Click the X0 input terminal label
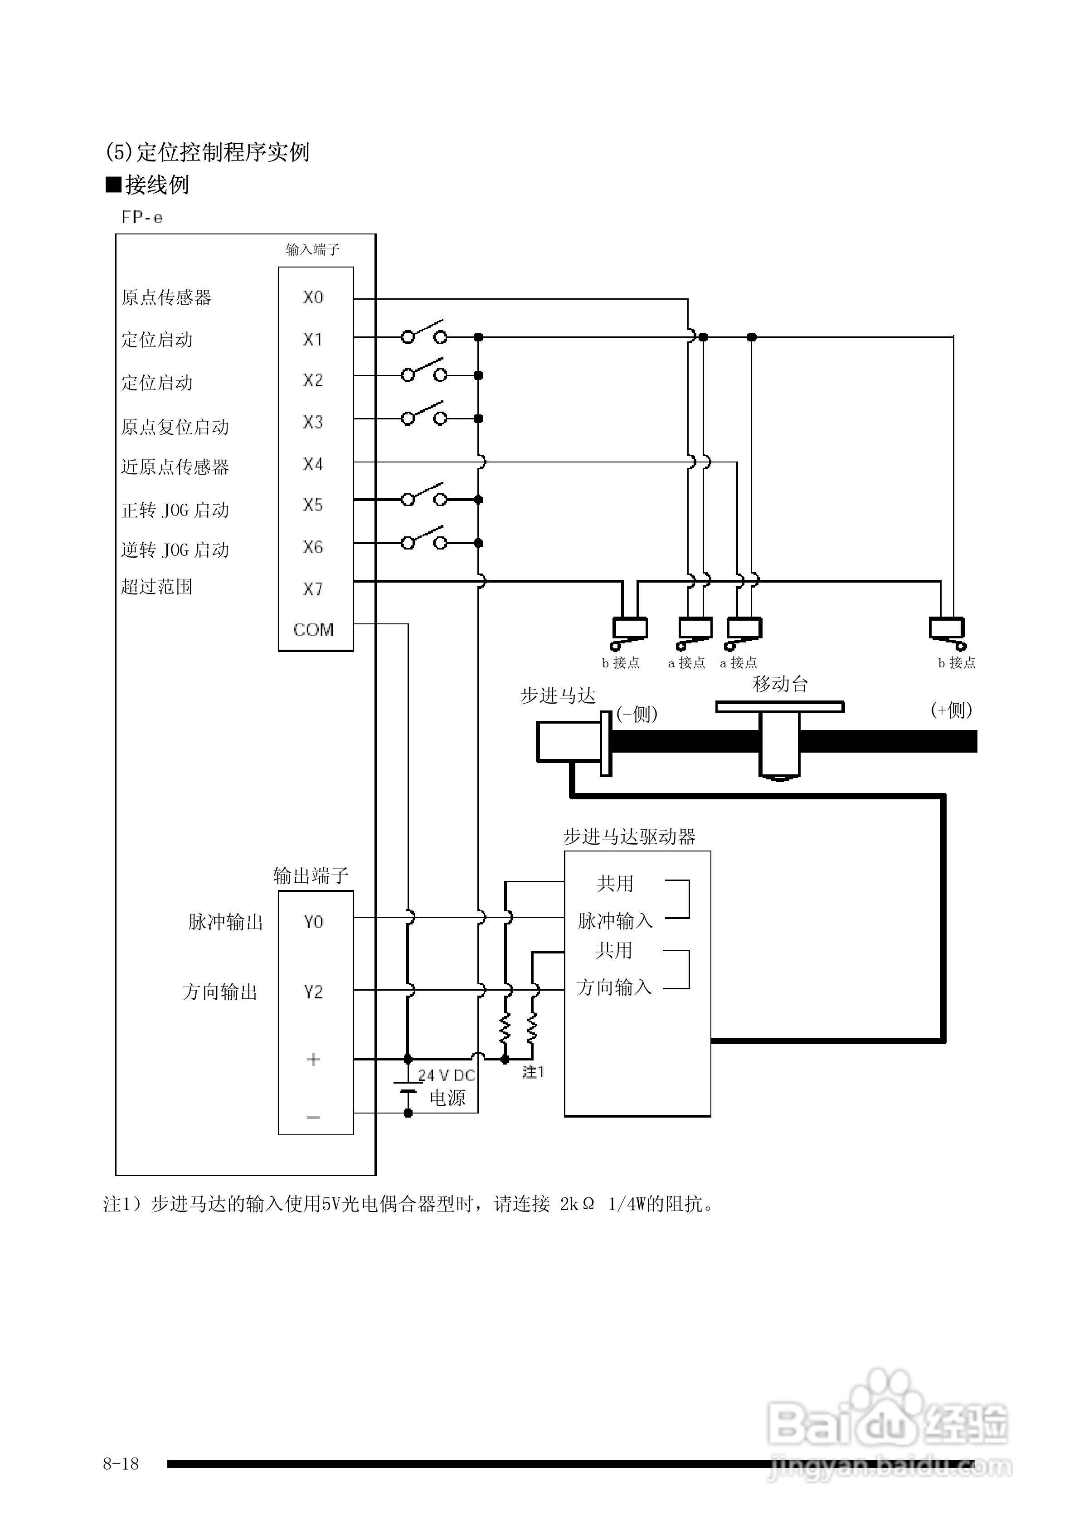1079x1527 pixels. (313, 297)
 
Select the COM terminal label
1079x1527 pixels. (313, 629)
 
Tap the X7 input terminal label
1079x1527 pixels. (313, 588)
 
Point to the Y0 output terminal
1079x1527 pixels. (313, 922)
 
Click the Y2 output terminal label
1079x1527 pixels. (313, 992)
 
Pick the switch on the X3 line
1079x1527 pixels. (424, 414)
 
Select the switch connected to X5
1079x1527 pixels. (424, 496)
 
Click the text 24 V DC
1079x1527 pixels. (447, 1075)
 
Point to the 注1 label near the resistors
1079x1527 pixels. (533, 1071)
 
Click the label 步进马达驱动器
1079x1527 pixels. (629, 836)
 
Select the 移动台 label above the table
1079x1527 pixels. (780, 684)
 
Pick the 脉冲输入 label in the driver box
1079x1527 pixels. (615, 921)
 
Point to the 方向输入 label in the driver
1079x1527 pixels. (614, 987)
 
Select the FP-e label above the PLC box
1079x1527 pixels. (142, 218)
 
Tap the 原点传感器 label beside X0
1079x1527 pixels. (166, 297)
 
